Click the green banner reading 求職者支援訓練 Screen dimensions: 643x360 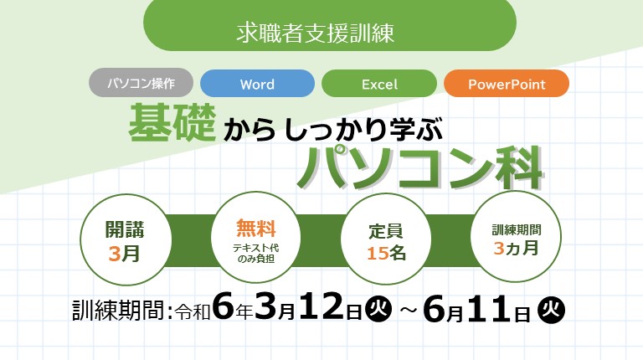click(x=330, y=25)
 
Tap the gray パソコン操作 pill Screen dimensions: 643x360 click(x=141, y=83)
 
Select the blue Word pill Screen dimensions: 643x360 click(x=258, y=84)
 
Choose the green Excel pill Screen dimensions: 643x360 click(x=379, y=84)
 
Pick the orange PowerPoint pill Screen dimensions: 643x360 click(x=507, y=84)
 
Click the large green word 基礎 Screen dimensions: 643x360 click(x=172, y=122)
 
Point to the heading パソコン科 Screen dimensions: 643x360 click(x=420, y=167)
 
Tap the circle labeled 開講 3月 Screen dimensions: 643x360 click(x=125, y=239)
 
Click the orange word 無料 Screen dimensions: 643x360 click(x=255, y=228)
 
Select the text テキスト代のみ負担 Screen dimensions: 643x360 click(x=255, y=254)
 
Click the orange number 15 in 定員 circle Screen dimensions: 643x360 click(x=378, y=254)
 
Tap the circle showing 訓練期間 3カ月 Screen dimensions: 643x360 click(x=516, y=237)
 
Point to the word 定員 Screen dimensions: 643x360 click(x=385, y=231)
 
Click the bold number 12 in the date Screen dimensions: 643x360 click(x=321, y=306)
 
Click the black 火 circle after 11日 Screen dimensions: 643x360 click(x=552, y=310)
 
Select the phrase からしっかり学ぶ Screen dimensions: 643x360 click(x=333, y=129)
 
